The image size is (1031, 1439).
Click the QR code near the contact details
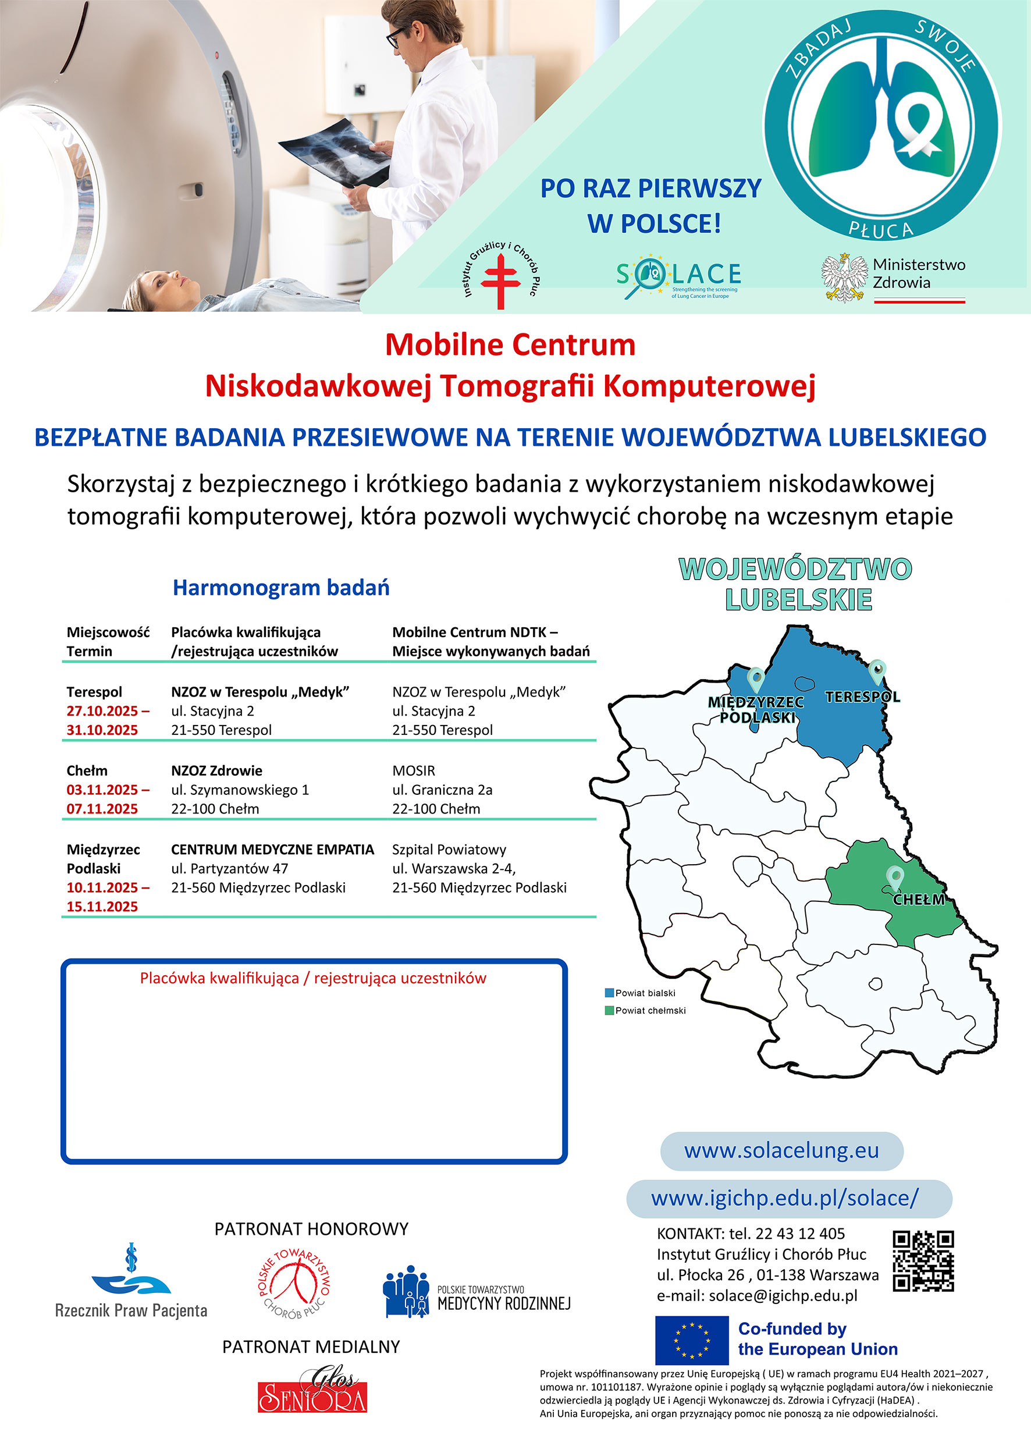point(923,1262)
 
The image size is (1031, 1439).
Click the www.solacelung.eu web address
point(781,1150)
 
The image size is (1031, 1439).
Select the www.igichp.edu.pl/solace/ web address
point(785,1198)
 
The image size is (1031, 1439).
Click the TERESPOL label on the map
point(863,697)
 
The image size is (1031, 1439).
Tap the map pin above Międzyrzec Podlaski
point(756,680)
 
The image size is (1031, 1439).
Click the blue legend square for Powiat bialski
point(610,993)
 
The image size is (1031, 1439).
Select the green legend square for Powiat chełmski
point(610,1010)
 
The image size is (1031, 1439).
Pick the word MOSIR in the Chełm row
point(414,771)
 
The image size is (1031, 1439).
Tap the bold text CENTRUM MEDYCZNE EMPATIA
point(273,850)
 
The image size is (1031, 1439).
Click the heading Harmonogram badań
point(281,588)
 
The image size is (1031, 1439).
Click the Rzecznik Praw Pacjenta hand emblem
point(131,1277)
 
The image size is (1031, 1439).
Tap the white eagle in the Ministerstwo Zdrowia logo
point(844,278)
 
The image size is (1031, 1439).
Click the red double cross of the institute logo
point(500,281)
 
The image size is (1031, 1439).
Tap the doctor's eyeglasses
point(399,37)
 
